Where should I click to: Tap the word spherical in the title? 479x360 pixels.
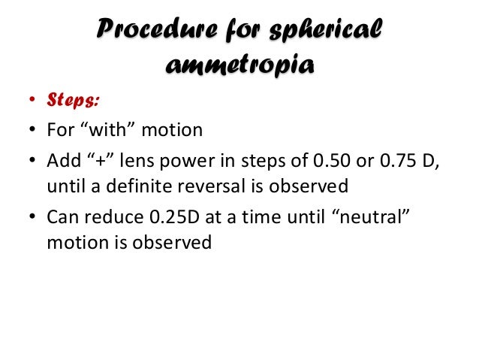[x=327, y=30]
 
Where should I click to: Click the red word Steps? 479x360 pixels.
[x=74, y=100]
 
